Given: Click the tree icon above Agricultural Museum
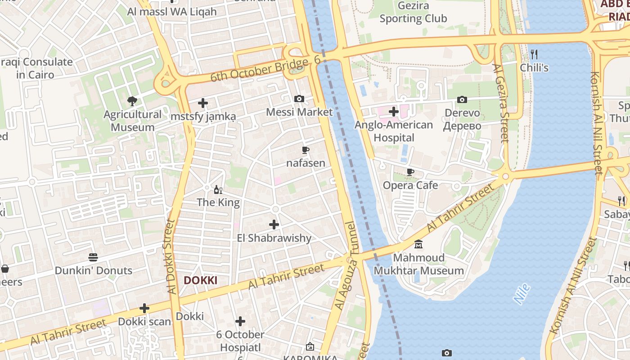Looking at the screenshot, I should point(132,101).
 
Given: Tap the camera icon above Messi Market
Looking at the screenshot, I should point(299,99).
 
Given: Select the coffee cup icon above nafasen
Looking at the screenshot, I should point(306,150).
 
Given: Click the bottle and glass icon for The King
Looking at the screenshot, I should point(218,189).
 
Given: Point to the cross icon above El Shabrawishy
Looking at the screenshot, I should point(274,225).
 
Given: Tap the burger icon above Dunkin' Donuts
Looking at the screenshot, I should point(93,257).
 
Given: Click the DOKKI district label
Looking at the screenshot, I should point(200,280).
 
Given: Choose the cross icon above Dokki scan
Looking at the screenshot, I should point(144,308).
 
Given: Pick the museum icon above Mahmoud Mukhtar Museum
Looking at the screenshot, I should point(418,244).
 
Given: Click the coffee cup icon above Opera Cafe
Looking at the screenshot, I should point(410,172).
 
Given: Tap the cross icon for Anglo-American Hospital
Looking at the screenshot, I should point(394,111).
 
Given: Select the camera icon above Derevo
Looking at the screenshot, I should point(462,99).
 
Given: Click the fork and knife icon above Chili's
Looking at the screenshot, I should point(534,54).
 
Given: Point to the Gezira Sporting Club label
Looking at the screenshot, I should point(413,12).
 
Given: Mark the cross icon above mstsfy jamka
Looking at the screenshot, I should point(203,103).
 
